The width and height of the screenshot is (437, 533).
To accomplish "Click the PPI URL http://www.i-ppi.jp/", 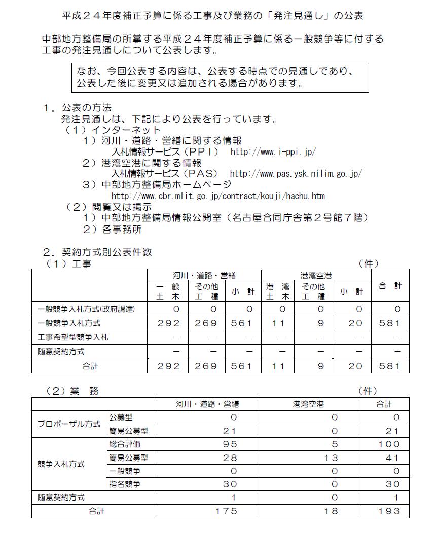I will tap(273, 151).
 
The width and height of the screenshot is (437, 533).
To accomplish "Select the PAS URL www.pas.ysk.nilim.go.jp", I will tap(296, 174).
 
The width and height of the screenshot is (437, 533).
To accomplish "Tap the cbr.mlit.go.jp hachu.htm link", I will tap(218, 196).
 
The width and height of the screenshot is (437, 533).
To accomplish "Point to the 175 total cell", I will tap(226, 511).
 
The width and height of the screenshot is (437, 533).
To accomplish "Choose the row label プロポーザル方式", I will tap(69, 424).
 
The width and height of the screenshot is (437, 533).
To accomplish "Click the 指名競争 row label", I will tap(125, 484).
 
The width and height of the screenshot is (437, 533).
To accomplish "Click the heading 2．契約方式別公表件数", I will tap(97, 252).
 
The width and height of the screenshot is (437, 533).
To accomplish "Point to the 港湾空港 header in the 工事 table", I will tap(315, 276).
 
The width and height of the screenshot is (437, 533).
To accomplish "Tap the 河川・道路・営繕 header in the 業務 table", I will tap(207, 404).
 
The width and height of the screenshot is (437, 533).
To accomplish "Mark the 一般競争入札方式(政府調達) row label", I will tap(86, 309).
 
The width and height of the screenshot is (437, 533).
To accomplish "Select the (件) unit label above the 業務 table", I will tap(368, 391).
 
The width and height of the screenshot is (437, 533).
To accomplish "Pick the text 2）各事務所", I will tap(113, 229).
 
